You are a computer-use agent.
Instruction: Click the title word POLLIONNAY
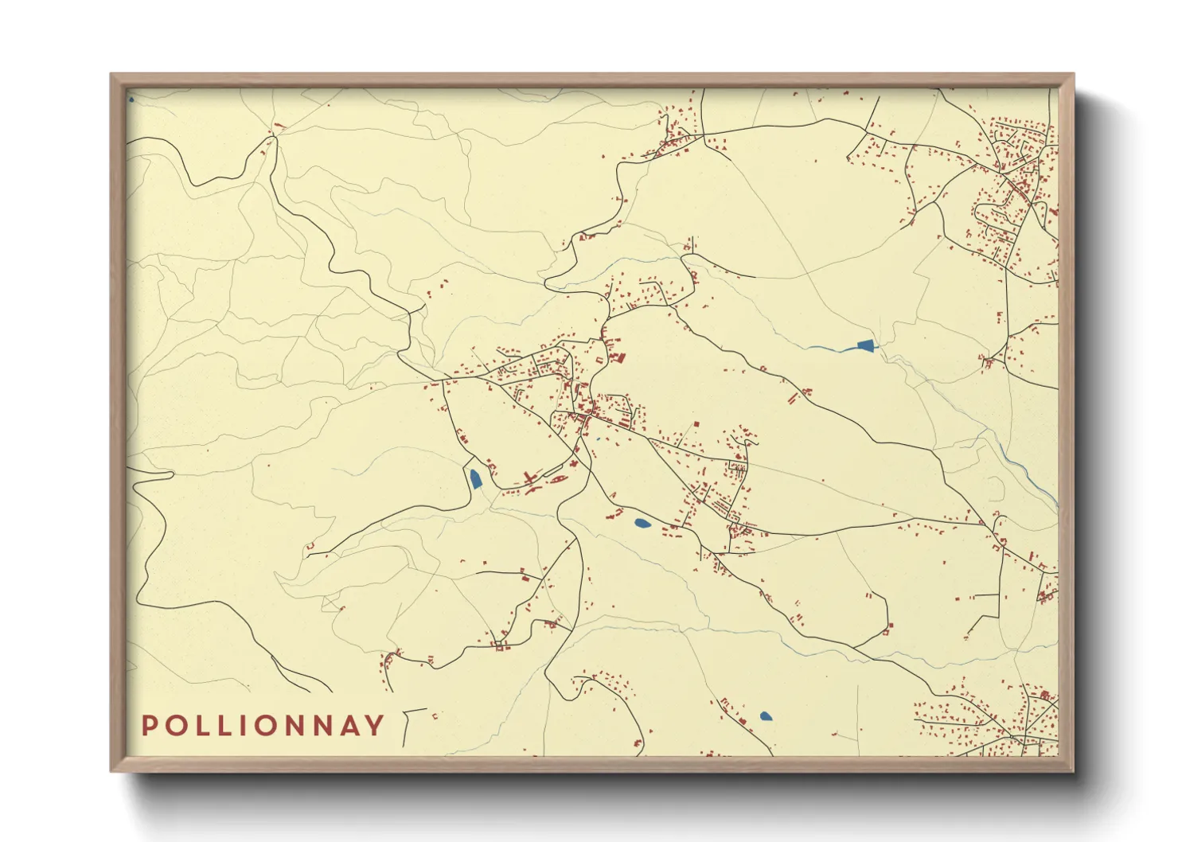[263, 726]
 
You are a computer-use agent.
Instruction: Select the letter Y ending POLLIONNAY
[375, 726]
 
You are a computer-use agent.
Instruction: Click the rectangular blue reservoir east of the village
[866, 345]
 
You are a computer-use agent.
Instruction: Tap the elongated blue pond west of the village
[475, 478]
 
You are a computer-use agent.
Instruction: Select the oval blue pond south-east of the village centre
[642, 523]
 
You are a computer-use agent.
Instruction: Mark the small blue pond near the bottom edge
[766, 716]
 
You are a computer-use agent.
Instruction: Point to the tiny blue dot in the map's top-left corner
[131, 99]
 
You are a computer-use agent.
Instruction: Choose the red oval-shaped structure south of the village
[558, 478]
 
